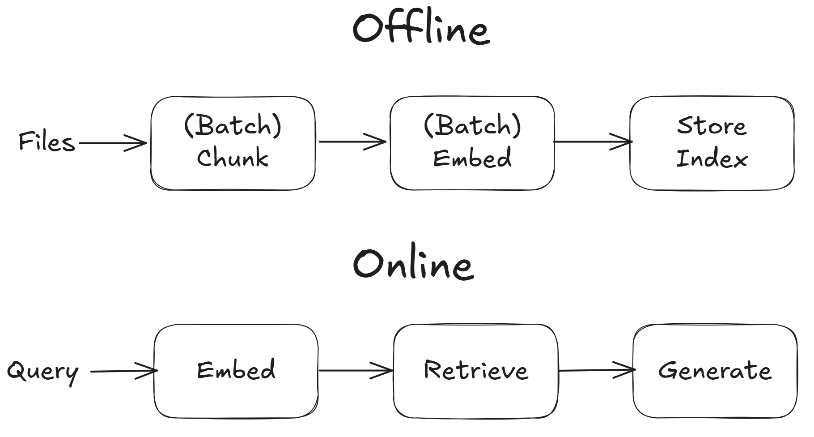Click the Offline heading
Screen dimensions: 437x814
[421, 29]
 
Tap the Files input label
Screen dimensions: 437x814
[47, 142]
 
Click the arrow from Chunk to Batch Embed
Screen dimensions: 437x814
[352, 142]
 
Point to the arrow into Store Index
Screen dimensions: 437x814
[592, 142]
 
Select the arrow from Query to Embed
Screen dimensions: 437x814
[123, 371]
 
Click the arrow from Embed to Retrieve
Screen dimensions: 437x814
[356, 371]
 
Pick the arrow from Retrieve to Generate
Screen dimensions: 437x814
[597, 370]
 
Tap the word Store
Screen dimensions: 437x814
[712, 126]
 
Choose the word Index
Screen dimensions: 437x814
[712, 159]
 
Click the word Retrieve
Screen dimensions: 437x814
[476, 370]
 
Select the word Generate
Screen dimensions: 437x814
[715, 371]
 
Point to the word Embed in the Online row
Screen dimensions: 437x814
[236, 370]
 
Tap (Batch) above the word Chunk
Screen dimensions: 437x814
[233, 125]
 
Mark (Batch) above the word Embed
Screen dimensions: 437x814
[472, 125]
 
